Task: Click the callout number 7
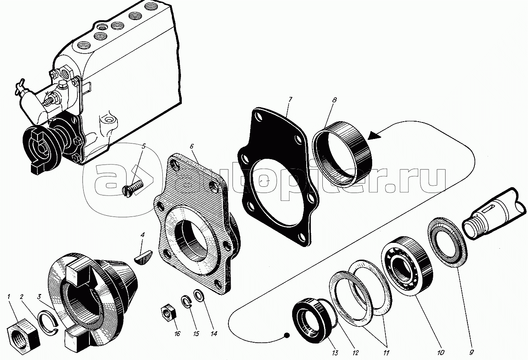tap(290, 100)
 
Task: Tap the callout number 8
tap(334, 100)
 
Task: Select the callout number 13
tap(335, 353)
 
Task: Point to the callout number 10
tap(441, 353)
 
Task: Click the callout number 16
tap(177, 334)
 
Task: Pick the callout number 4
tap(142, 235)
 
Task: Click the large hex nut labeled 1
tap(23, 332)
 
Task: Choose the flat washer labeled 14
tap(199, 296)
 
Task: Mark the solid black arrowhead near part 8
tap(374, 136)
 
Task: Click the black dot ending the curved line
tap(286, 335)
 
